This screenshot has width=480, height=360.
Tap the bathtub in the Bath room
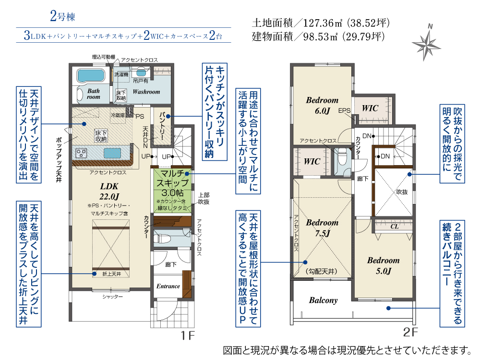91,75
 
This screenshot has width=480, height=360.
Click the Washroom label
146,92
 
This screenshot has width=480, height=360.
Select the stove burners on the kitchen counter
82,153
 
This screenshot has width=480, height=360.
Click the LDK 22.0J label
109,191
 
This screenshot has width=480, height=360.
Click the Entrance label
168,286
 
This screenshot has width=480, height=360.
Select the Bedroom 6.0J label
323,105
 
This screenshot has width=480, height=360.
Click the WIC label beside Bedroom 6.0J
370,108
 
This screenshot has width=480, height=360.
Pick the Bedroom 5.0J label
383,265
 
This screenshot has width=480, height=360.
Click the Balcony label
323,300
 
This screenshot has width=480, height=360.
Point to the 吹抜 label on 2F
402,192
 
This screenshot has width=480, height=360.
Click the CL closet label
395,226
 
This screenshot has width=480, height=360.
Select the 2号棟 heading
63,16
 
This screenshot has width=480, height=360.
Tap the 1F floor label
188,336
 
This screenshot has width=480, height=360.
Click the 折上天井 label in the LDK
112,274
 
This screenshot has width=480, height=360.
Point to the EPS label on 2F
344,110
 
